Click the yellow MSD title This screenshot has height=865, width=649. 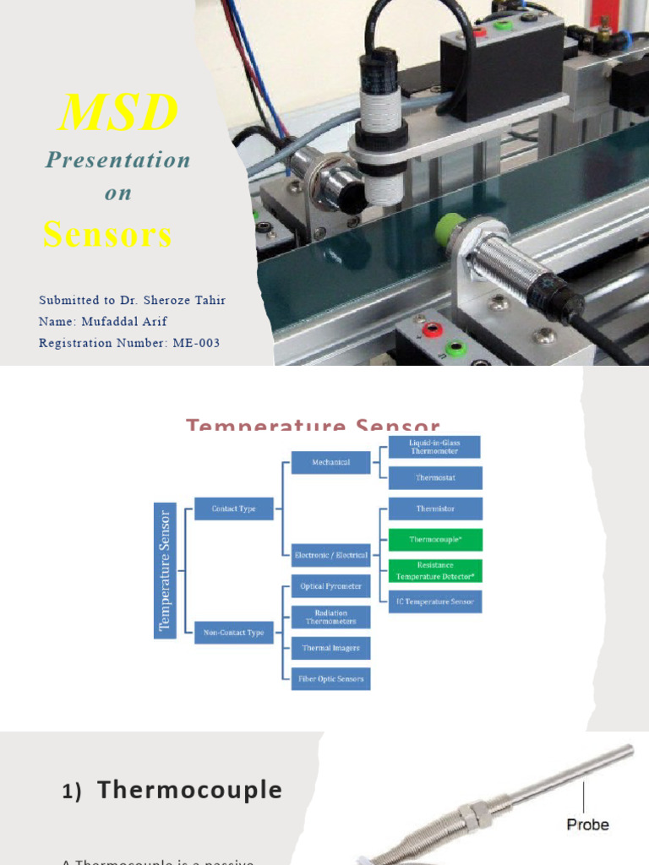(118, 112)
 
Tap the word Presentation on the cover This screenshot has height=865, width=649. (118, 160)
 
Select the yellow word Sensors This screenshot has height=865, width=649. (107, 234)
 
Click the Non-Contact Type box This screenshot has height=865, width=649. (234, 632)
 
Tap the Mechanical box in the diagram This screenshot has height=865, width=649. (330, 463)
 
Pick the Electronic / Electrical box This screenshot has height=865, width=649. (330, 555)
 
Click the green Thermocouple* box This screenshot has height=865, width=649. (435, 539)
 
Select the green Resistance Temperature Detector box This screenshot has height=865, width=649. (435, 570)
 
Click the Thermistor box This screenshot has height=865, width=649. (435, 509)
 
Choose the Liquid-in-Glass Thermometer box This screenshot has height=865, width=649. (435, 447)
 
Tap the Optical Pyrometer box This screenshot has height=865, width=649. (330, 586)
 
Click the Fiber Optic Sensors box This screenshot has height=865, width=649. (330, 678)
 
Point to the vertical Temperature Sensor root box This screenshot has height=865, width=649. (165, 570)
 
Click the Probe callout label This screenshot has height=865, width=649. (587, 824)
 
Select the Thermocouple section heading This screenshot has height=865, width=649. (189, 790)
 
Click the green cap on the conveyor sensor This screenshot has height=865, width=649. (450, 229)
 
